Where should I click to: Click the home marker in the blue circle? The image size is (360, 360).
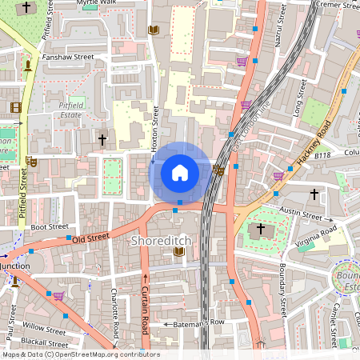pyautogui.click(x=180, y=172)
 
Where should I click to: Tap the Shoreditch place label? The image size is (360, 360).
pyautogui.click(x=167, y=240)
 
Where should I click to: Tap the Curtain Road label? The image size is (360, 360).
pyautogui.click(x=145, y=312)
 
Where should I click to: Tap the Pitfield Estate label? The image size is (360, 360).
pyautogui.click(x=76, y=110)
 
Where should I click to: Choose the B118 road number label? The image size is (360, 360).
pyautogui.click(x=322, y=155)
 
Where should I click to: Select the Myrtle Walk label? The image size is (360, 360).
pyautogui.click(x=97, y=3)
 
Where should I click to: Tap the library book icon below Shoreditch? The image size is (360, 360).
pyautogui.click(x=179, y=253)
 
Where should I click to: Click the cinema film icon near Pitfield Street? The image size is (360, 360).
pyautogui.click(x=16, y=107)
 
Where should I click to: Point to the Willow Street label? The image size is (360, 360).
pyautogui.click(x=44, y=328)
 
